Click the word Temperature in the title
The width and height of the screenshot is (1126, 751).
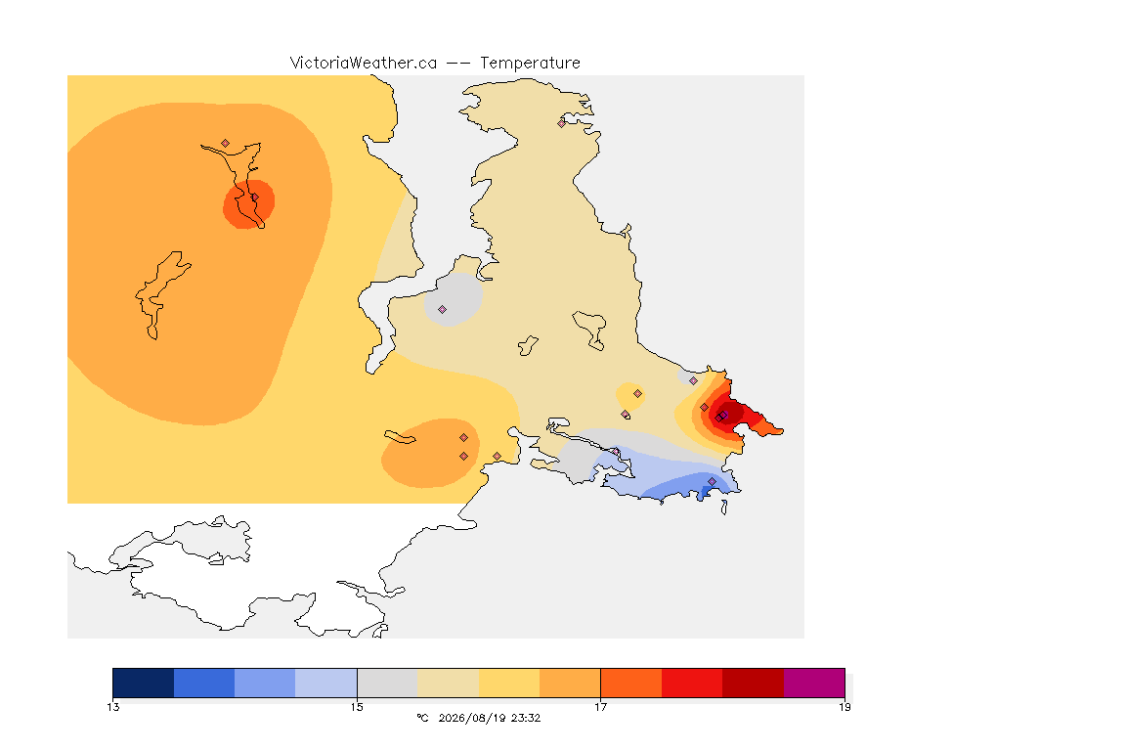[x=530, y=64]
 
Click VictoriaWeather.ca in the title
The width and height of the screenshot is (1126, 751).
[x=364, y=64]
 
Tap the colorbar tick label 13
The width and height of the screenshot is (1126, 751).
[x=112, y=707]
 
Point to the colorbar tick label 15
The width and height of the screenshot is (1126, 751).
[x=357, y=707]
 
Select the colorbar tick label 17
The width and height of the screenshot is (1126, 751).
[x=600, y=707]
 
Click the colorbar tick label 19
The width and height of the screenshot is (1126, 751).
[x=844, y=707]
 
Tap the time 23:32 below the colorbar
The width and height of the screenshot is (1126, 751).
[x=526, y=718]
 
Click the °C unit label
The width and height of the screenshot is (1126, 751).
[x=423, y=718]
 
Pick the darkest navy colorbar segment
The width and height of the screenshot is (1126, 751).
[x=144, y=683]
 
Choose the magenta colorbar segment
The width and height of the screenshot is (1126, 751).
[x=814, y=683]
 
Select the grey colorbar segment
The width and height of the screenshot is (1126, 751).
[x=387, y=683]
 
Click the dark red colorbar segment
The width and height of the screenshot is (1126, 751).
[x=754, y=683]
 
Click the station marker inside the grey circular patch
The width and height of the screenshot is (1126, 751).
[x=443, y=310]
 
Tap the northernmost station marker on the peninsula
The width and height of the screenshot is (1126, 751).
[x=562, y=123]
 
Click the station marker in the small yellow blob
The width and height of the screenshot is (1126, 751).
[x=637, y=394]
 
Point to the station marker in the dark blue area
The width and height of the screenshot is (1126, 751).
[x=712, y=481]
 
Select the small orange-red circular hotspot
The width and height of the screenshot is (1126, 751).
[x=248, y=204]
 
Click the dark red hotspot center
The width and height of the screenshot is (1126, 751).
[x=724, y=415]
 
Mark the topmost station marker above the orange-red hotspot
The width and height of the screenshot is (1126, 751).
[x=226, y=144]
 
